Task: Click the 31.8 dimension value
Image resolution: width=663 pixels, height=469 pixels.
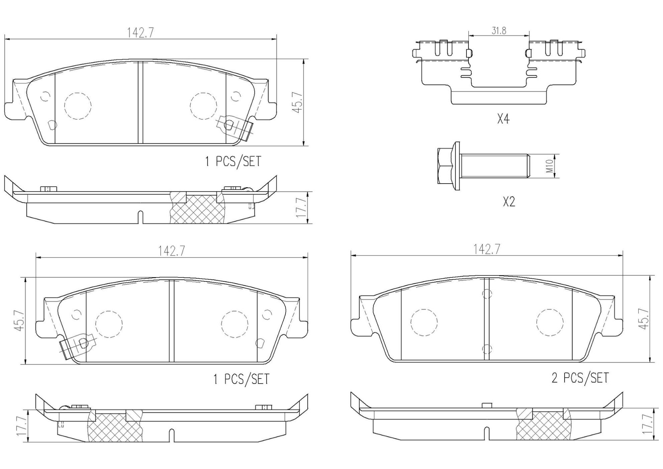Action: point(499,30)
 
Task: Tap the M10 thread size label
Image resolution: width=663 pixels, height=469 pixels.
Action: point(549,166)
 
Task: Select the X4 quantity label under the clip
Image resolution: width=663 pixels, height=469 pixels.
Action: point(503,119)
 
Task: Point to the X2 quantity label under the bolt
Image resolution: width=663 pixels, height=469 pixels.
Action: point(509,202)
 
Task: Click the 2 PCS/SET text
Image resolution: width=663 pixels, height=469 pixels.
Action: point(580,378)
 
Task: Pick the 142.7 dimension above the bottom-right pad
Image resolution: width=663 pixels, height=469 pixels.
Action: point(487,249)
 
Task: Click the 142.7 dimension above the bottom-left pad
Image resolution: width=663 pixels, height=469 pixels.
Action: point(172,251)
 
